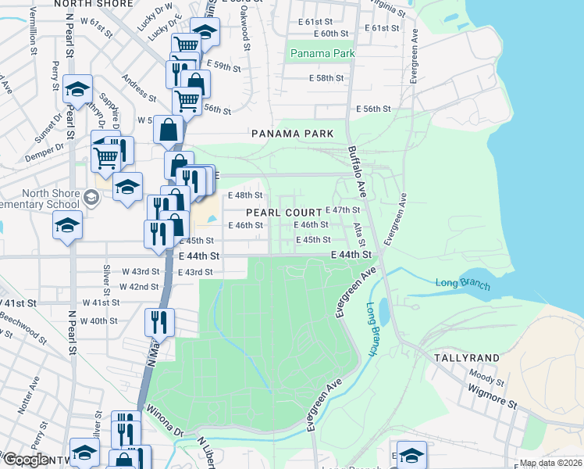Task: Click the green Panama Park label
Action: coord(322,53)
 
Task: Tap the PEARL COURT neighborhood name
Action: coord(284,213)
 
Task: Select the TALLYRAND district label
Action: coord(467,357)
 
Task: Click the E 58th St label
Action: coord(326,79)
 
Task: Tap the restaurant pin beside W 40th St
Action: coord(159,321)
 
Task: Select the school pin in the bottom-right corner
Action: coord(411,454)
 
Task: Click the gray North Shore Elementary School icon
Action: coord(92,198)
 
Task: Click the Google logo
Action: coord(25,460)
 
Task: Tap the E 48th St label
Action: coord(244,195)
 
